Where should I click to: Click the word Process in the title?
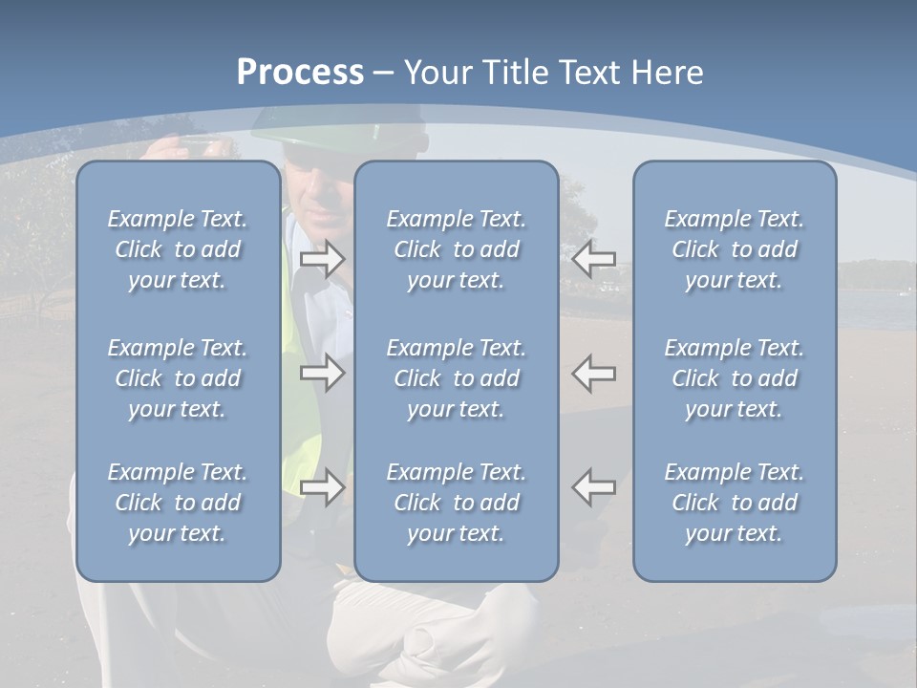[300, 73]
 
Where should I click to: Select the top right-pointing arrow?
[322, 259]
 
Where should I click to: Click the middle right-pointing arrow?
[322, 373]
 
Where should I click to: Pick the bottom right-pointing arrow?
[322, 487]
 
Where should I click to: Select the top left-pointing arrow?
[594, 259]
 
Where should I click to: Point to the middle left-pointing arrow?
[594, 373]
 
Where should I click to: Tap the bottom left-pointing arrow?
[594, 487]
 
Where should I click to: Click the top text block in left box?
[178, 249]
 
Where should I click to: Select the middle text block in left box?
[178, 378]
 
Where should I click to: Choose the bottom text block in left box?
[178, 503]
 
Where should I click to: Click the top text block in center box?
[456, 249]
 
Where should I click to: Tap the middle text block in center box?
[456, 378]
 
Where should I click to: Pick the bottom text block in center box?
[456, 503]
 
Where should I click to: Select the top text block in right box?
[734, 249]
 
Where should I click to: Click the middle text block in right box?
[734, 378]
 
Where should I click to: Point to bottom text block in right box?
[734, 503]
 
